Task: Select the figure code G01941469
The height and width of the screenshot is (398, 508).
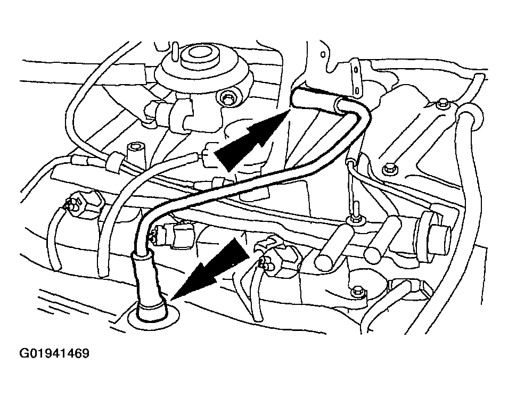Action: click(54, 353)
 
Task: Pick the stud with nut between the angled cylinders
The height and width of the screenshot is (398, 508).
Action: click(356, 215)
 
